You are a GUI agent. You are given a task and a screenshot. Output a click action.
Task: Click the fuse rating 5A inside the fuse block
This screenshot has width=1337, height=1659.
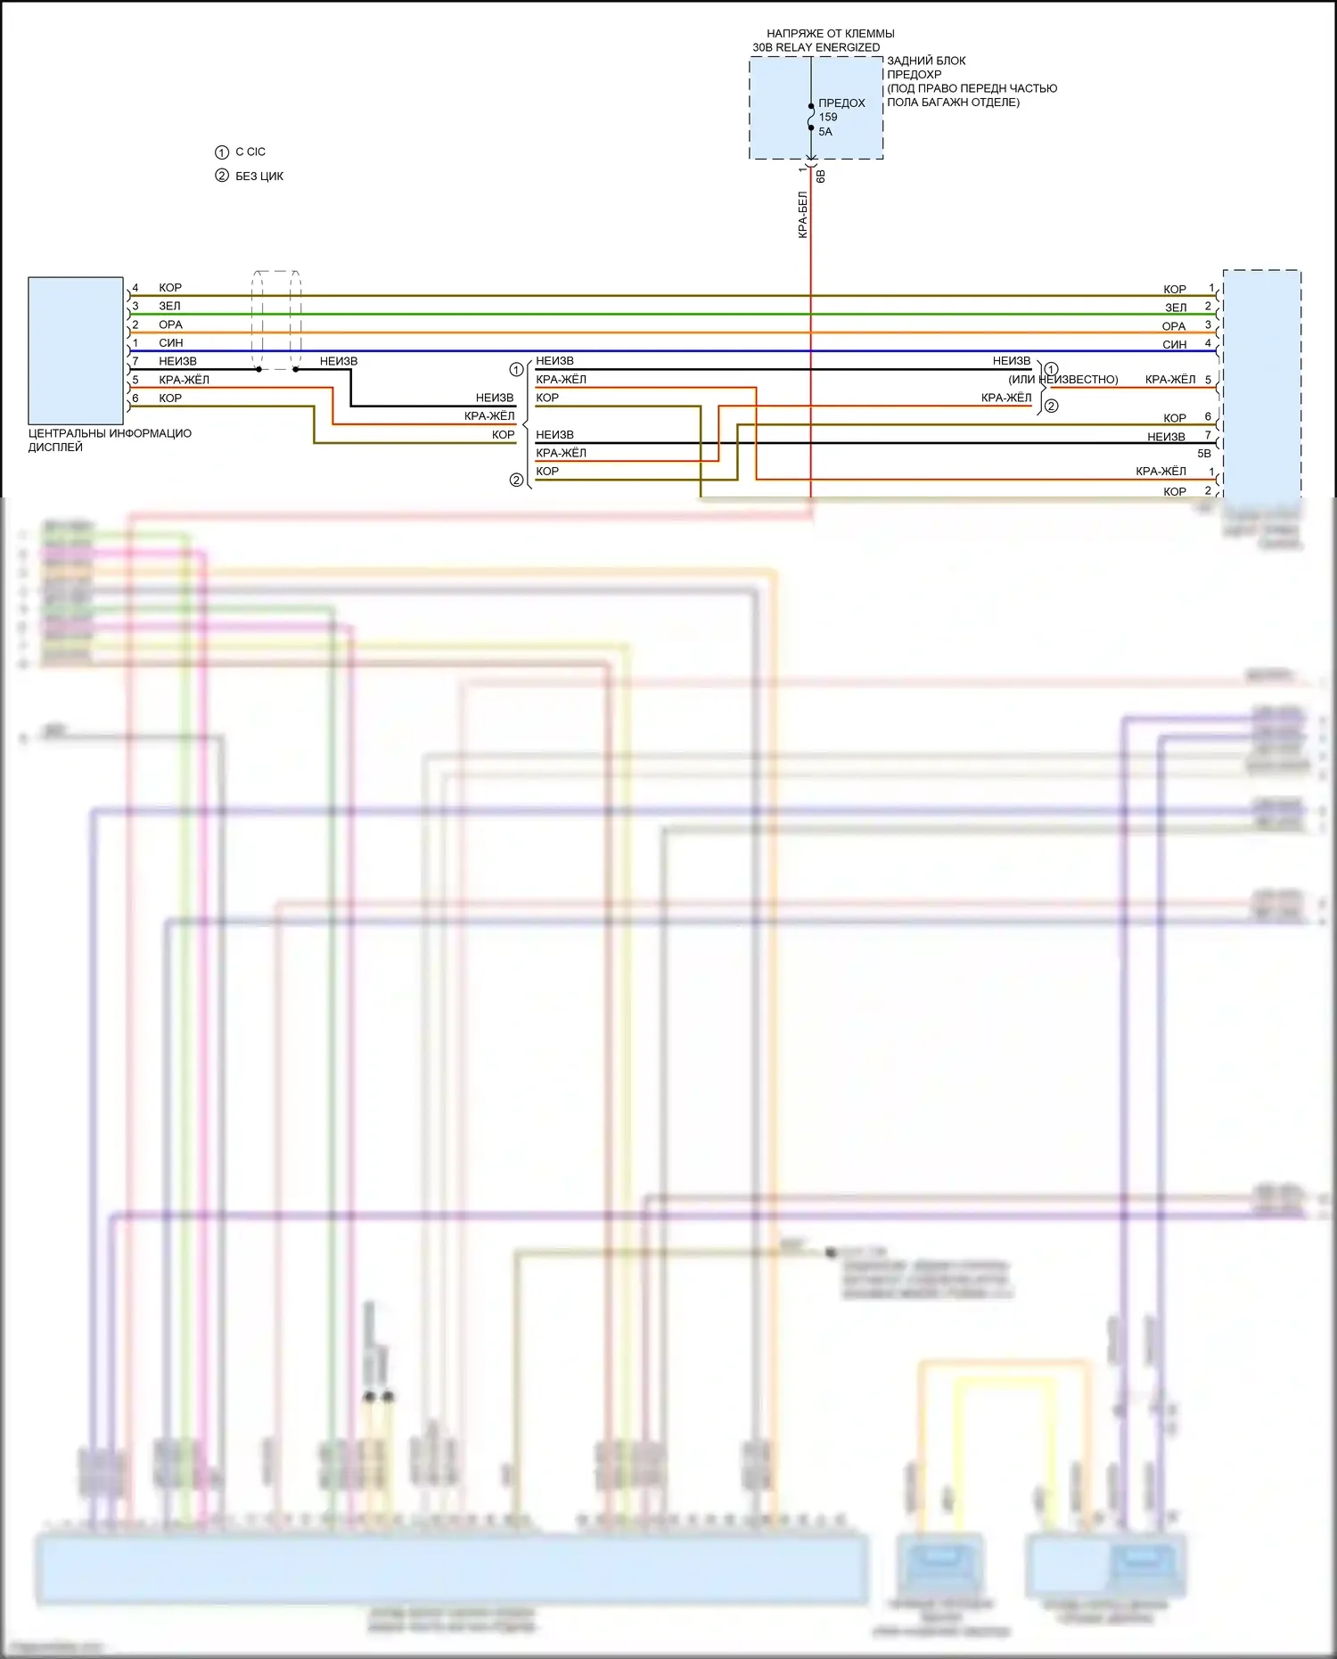[825, 132]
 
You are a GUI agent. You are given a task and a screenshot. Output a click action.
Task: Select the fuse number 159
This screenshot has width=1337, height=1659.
[828, 117]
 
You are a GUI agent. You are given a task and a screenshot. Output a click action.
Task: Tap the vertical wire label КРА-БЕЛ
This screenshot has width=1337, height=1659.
[803, 214]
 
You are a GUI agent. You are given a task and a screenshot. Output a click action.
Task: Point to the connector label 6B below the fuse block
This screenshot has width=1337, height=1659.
[821, 177]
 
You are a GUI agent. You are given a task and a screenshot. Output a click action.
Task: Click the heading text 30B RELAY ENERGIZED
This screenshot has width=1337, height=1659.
[816, 47]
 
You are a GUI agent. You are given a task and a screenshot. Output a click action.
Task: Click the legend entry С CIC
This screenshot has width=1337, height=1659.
[250, 152]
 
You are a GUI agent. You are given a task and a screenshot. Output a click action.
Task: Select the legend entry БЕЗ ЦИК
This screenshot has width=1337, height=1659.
[258, 177]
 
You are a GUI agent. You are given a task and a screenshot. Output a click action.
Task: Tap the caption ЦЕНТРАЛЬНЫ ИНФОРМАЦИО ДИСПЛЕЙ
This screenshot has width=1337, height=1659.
[110, 440]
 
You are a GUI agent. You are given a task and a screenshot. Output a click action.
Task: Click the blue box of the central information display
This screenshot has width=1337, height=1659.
[76, 350]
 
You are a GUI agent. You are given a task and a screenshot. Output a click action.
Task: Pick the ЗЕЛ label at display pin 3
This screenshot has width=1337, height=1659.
[169, 306]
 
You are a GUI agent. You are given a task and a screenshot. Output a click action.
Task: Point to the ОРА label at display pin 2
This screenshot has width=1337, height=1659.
[170, 324]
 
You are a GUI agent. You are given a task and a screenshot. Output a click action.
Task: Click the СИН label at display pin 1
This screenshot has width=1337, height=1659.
[170, 343]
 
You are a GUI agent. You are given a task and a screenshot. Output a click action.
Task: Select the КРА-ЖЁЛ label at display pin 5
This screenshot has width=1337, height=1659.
[184, 380]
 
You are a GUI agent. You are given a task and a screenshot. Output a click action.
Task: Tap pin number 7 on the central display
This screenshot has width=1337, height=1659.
[135, 361]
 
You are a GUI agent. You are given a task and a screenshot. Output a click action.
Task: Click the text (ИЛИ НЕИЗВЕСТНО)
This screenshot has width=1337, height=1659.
[1063, 380]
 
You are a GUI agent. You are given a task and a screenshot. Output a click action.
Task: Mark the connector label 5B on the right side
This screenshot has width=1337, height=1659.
[1204, 454]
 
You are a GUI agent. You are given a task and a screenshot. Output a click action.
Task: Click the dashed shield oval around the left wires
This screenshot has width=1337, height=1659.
[276, 320]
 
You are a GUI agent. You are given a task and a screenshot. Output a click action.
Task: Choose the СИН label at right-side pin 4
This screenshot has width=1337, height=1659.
[1174, 345]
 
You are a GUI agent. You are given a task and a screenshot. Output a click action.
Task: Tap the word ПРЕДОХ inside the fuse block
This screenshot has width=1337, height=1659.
[841, 103]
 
